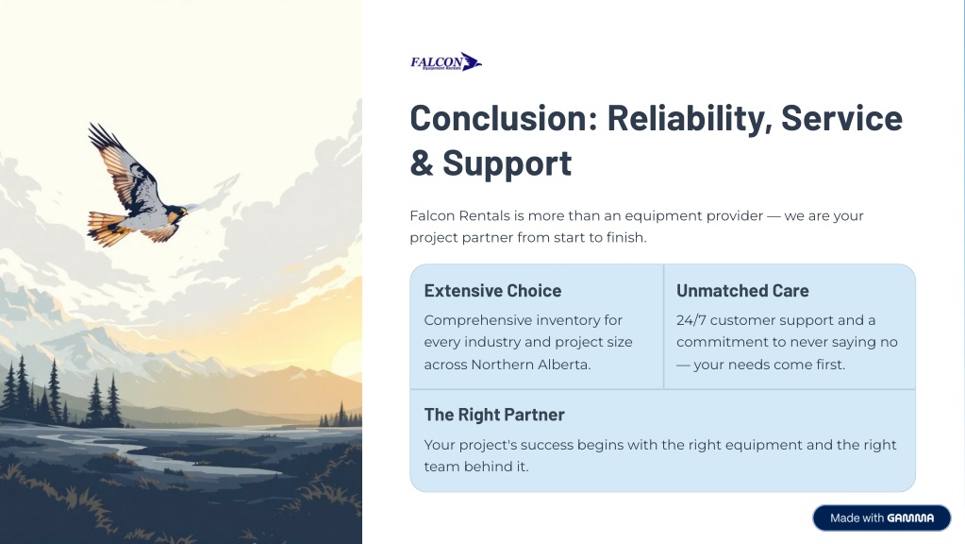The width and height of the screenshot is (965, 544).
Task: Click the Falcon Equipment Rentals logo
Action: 446,61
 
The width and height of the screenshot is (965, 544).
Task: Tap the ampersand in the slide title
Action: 422,163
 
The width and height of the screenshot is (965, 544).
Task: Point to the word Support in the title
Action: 507,164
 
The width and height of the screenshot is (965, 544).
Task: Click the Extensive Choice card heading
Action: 492,291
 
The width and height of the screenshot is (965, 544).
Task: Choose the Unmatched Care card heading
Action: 742,291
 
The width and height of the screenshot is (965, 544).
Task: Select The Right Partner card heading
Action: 494,415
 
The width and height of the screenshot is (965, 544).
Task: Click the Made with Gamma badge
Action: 881,518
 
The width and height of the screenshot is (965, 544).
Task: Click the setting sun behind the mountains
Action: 348,358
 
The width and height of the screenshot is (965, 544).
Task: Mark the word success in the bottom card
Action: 544,445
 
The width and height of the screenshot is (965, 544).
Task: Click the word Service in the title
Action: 841,118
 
